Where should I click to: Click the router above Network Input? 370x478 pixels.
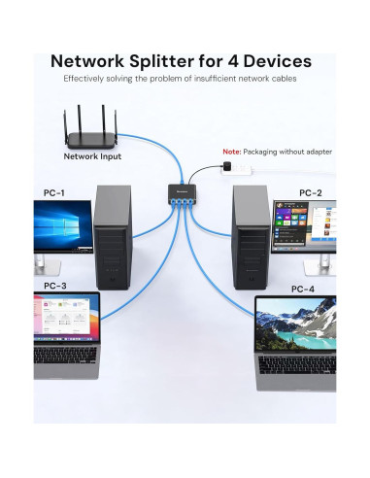coord(92,126)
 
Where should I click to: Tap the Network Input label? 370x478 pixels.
coord(92,155)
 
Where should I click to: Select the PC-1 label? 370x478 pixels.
coord(55,191)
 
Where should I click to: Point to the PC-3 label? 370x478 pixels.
coord(55,286)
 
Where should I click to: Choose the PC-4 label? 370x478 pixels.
coord(303,289)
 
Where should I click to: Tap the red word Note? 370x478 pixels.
coord(231,152)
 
